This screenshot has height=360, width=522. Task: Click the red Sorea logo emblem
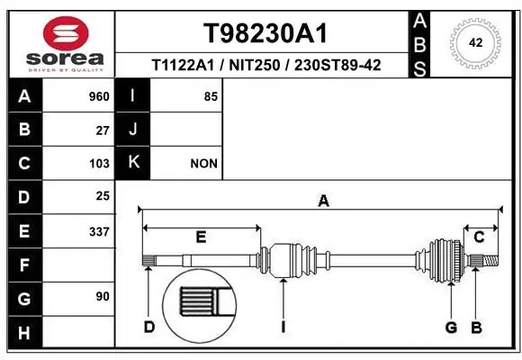coord(66,33)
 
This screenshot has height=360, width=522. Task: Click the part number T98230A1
coord(265,33)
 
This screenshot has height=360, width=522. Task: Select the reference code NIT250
coord(255,66)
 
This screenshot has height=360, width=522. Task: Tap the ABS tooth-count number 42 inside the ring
coord(475,42)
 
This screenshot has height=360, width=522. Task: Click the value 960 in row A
coord(99,96)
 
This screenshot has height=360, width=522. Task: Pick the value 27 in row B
coord(103,130)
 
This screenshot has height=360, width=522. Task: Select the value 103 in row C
coord(99,164)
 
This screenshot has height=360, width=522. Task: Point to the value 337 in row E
coord(99,231)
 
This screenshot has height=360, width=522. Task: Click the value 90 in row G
coord(103,296)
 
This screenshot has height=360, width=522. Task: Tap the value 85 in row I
coord(211,96)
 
